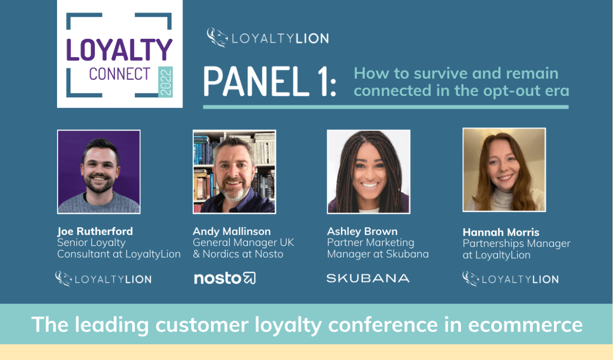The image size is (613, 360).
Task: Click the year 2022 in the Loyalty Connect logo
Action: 166,81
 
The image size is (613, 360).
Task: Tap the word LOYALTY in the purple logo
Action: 120,50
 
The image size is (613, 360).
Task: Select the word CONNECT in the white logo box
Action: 120,74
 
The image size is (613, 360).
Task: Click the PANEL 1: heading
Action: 270,82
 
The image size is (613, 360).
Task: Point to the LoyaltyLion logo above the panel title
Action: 268,38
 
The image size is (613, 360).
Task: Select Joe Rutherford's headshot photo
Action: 99,172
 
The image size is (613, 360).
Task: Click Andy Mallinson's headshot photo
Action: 234,172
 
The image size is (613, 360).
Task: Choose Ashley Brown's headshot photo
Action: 368,172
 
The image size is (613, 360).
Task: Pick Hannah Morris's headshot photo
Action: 504,170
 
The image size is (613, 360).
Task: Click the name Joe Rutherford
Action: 95,231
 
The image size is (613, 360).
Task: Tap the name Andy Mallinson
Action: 232,231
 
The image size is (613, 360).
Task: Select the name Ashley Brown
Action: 362,231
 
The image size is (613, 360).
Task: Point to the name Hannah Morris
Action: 501,232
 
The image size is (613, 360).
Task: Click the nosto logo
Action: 225,278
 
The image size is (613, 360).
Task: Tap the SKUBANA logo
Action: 368,278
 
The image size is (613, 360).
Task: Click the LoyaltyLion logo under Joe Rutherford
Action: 103,279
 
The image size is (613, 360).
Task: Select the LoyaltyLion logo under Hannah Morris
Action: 510,279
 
